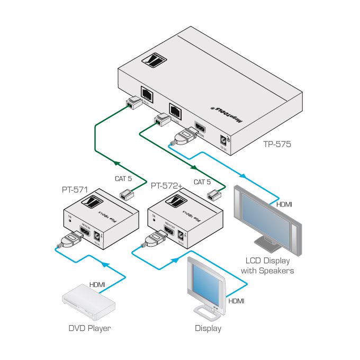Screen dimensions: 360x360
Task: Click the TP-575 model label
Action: point(277,143)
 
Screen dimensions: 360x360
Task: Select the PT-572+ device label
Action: point(166,186)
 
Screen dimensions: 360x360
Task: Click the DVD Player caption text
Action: point(89,328)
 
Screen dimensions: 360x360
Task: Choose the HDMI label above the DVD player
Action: point(97,285)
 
